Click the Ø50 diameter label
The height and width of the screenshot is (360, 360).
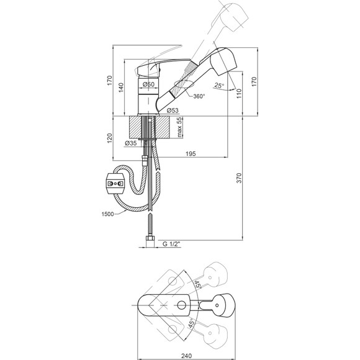[148, 84]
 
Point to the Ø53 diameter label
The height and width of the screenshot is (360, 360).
[173, 110]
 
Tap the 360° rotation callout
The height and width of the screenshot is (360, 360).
[199, 96]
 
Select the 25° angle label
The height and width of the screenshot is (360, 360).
[219, 86]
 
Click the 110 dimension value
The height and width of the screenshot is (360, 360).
[239, 94]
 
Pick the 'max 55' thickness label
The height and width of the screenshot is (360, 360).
[179, 127]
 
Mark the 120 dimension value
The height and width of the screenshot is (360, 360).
[110, 138]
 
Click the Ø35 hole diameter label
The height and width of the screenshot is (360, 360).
[131, 143]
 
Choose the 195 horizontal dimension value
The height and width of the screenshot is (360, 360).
[191, 153]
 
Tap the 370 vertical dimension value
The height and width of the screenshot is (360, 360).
[239, 178]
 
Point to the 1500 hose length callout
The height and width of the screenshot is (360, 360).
[107, 214]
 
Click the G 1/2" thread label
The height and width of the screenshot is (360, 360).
[170, 244]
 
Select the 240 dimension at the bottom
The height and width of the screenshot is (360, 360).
[186, 356]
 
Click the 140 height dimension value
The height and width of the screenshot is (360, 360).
[121, 88]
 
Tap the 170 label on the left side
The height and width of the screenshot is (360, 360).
[110, 81]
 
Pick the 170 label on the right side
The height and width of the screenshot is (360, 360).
[254, 82]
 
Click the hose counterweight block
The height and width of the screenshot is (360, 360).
[115, 184]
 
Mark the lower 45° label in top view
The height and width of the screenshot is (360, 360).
[191, 323]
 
